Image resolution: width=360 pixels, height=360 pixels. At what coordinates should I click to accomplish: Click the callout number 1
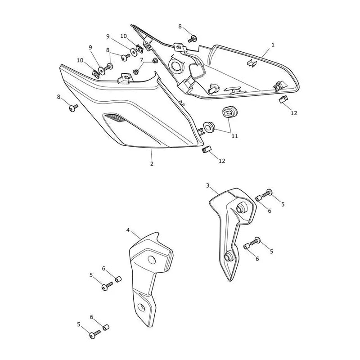(273, 45)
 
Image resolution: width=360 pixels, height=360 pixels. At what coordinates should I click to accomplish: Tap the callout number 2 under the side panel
(152, 164)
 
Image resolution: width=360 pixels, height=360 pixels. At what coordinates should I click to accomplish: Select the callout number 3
(208, 185)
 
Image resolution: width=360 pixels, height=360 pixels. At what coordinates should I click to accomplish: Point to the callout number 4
(128, 230)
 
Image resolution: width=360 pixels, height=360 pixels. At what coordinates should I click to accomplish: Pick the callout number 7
(142, 60)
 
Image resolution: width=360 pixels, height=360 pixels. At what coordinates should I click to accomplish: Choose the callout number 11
(234, 136)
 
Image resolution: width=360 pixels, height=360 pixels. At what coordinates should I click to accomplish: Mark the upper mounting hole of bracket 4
(152, 260)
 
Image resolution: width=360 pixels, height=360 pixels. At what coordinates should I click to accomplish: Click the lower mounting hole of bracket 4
(141, 307)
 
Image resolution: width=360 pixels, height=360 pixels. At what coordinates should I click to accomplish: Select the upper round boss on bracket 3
(240, 208)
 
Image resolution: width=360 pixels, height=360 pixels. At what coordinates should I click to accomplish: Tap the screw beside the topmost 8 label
(192, 39)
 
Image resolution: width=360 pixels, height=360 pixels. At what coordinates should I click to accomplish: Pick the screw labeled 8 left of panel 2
(73, 108)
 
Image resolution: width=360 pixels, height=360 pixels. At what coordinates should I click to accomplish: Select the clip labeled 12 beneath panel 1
(283, 99)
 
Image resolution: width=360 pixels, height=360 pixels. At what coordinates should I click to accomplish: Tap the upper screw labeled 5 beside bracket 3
(267, 193)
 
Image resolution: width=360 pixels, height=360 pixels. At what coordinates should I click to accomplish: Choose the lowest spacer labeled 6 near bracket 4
(106, 328)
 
